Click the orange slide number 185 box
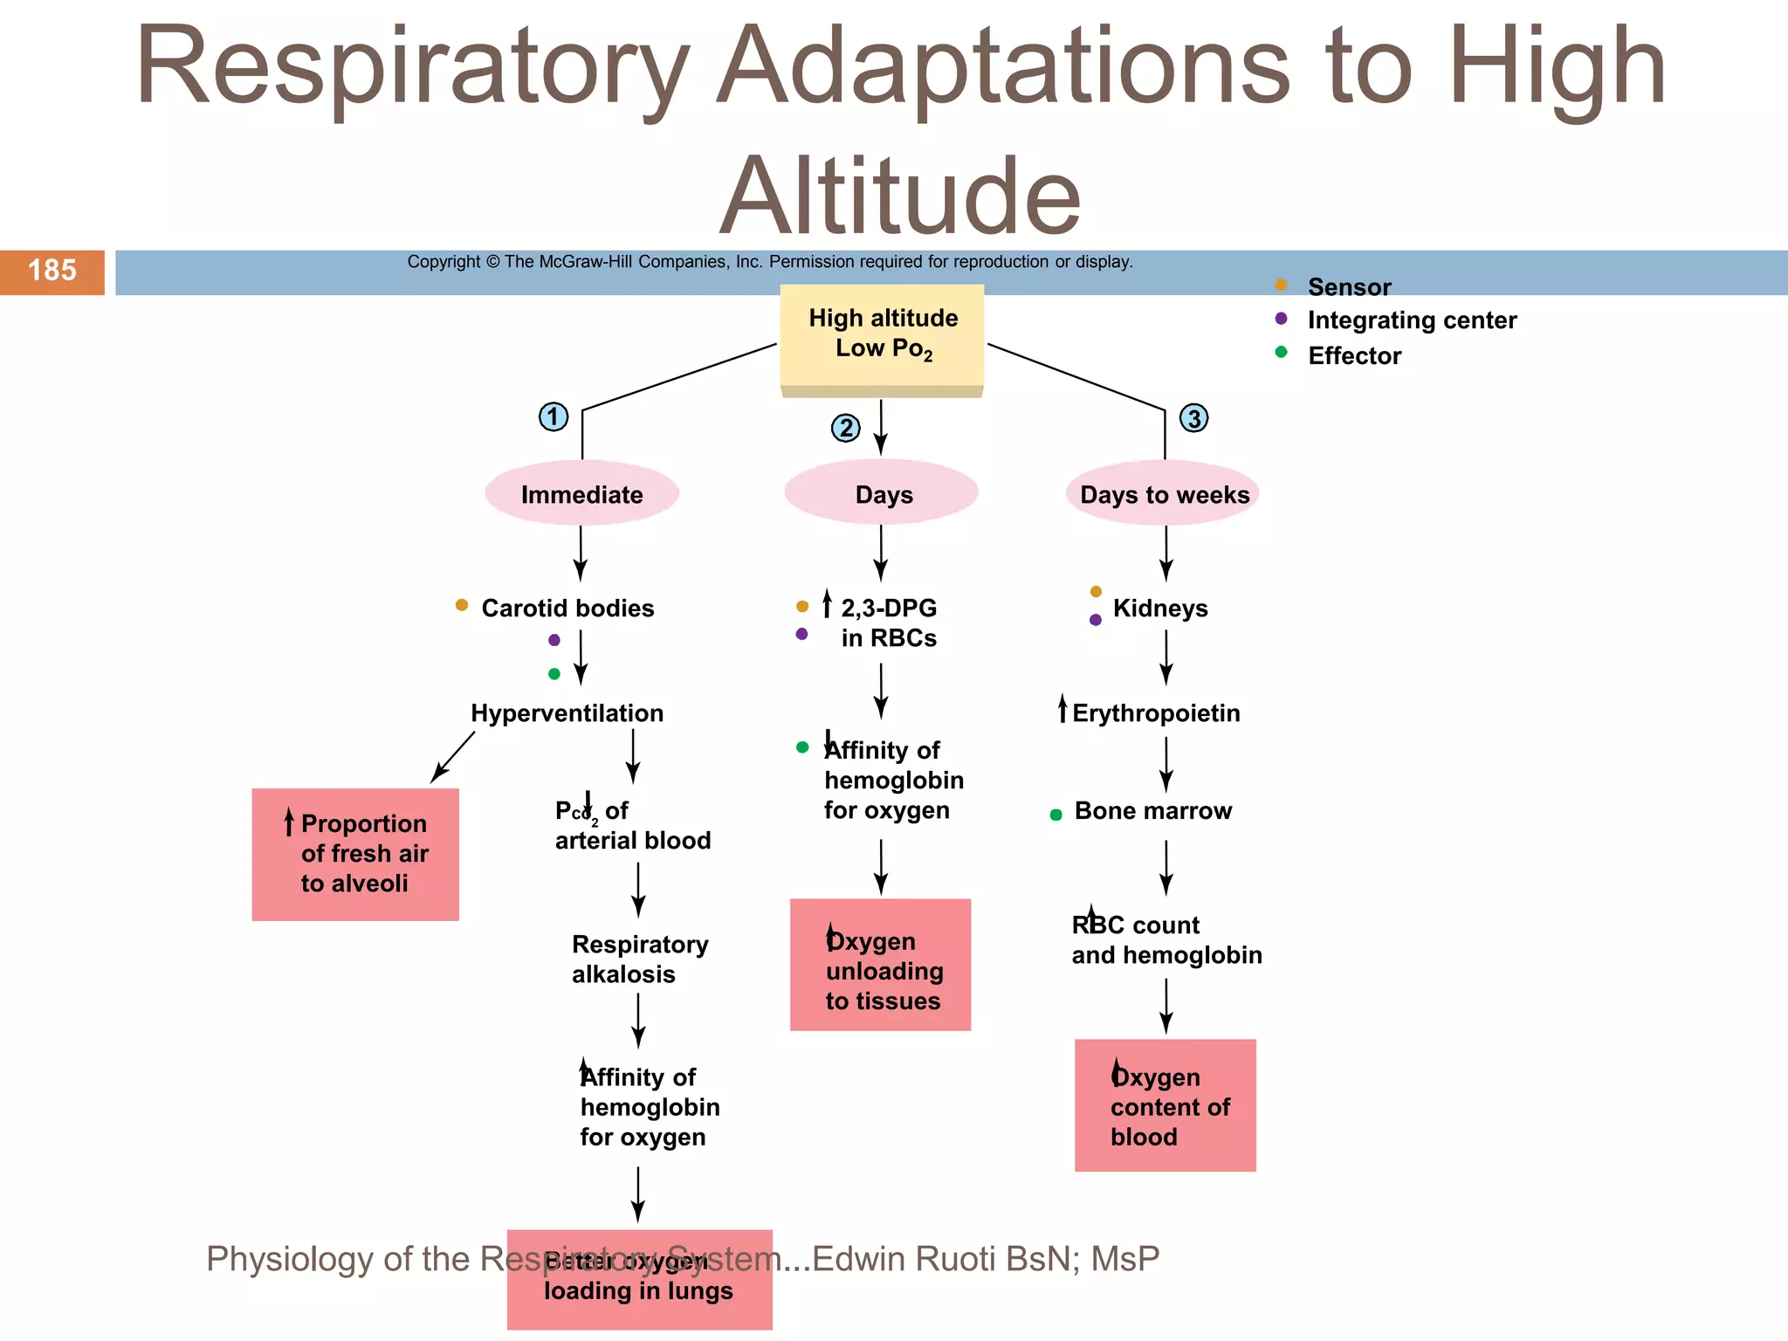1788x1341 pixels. click(52, 272)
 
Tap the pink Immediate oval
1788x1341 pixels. click(581, 493)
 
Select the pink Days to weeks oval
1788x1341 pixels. click(1163, 493)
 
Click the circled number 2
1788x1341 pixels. click(845, 428)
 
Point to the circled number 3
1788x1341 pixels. click(1193, 418)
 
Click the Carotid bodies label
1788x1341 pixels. click(567, 608)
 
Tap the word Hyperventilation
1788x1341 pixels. click(567, 712)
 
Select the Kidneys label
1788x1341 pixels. click(1159, 608)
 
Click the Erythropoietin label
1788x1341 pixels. click(1155, 712)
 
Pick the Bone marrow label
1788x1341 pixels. click(1152, 810)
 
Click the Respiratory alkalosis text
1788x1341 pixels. click(639, 959)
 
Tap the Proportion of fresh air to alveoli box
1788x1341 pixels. click(355, 854)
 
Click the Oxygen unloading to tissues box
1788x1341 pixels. click(880, 965)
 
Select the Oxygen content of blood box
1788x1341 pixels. click(1165, 1104)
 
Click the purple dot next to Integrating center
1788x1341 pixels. click(1281, 319)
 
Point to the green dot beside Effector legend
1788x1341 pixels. click(1281, 352)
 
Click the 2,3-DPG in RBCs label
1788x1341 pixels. click(888, 622)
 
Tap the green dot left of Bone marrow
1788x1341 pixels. click(1056, 815)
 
